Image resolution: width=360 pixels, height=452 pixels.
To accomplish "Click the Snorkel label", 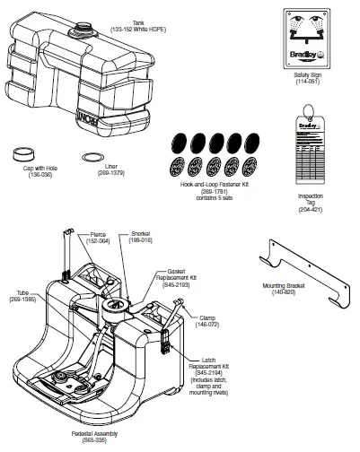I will tap(139, 234).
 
